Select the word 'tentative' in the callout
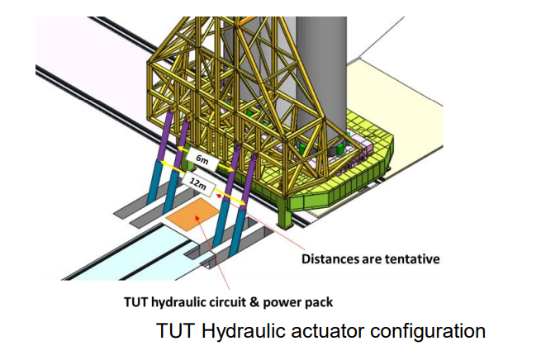(x=411, y=258)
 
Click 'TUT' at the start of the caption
(x=173, y=331)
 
